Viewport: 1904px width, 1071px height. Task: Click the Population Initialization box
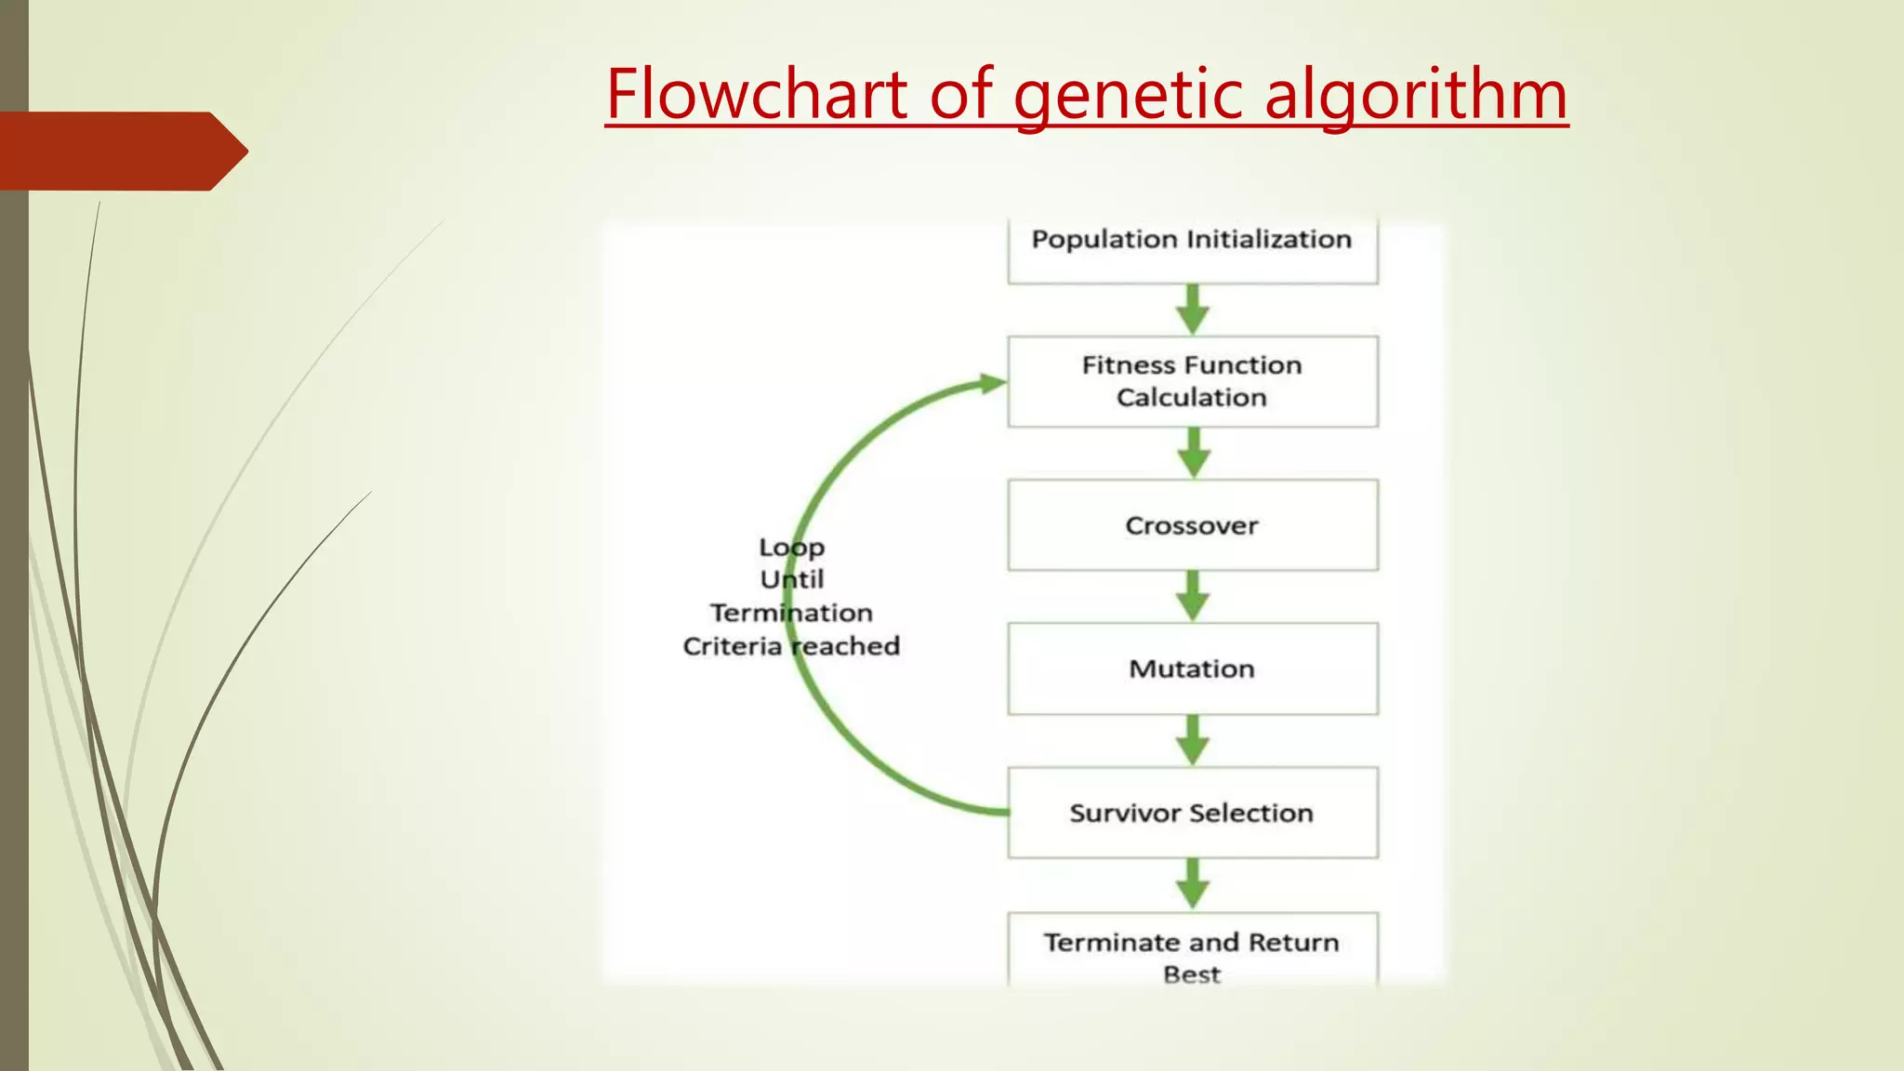click(x=1192, y=249)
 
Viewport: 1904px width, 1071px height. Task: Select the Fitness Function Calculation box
click(x=1192, y=381)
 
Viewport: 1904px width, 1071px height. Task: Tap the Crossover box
click(x=1192, y=525)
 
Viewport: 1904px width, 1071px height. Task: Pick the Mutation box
click(x=1192, y=668)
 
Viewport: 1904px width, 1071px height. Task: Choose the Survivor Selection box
click(x=1192, y=813)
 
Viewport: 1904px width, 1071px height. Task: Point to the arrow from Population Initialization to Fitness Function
click(x=1193, y=310)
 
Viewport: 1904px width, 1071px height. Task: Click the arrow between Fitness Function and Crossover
click(x=1193, y=453)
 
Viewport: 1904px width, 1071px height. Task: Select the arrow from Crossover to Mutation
click(x=1193, y=596)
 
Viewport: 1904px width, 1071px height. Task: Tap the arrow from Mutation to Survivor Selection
click(x=1193, y=740)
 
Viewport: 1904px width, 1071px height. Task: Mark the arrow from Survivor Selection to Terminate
click(x=1193, y=883)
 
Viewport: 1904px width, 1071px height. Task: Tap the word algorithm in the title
click(x=1416, y=96)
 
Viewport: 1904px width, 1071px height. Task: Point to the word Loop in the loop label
click(x=791, y=548)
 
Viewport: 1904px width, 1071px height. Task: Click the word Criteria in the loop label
click(x=732, y=646)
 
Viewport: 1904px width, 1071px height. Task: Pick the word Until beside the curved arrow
click(x=791, y=580)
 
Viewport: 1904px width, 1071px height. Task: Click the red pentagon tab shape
click(x=121, y=151)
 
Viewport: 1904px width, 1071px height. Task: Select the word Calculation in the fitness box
click(x=1192, y=398)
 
